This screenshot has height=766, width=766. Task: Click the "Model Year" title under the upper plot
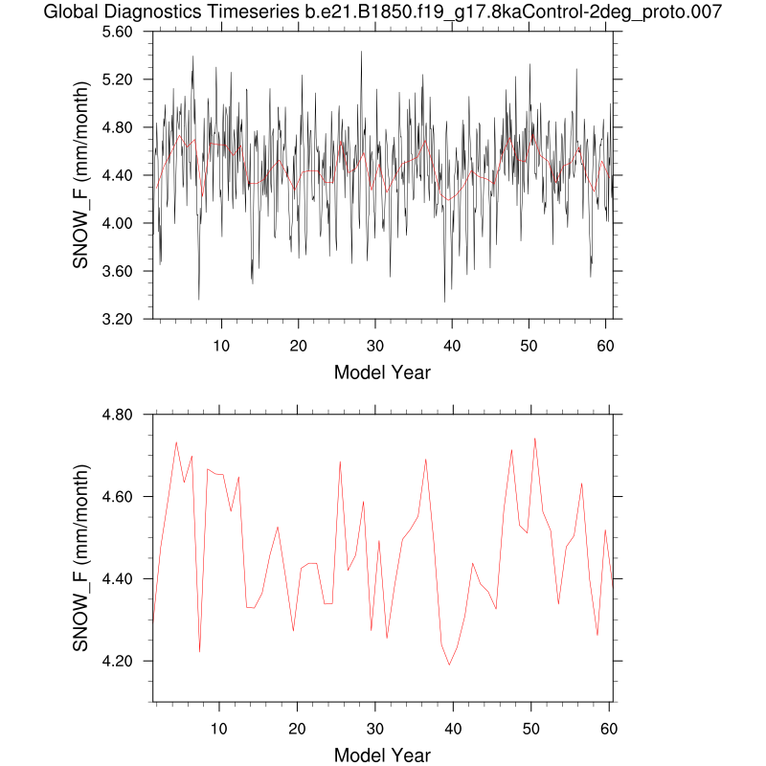coord(382,372)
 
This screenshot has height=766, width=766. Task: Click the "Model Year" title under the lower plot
coord(382,755)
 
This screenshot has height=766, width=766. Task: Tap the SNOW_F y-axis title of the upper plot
coord(82,176)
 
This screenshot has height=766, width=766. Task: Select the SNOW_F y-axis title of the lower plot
coord(82,559)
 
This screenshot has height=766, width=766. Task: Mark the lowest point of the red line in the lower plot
coord(449,665)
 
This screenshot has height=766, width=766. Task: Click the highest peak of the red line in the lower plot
coord(534,439)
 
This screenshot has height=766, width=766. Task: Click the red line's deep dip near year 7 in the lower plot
coord(199,652)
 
